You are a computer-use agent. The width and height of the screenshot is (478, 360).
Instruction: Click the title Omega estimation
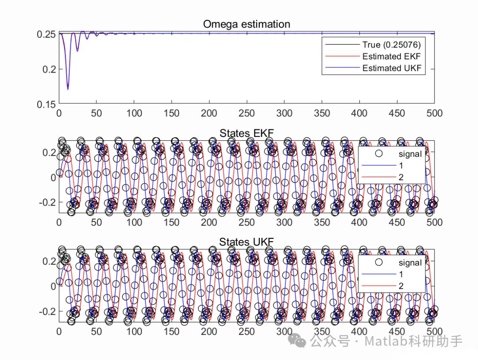click(x=247, y=24)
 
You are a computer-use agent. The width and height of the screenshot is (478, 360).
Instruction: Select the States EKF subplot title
click(x=247, y=133)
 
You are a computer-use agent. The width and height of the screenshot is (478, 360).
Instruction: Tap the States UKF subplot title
click(x=247, y=242)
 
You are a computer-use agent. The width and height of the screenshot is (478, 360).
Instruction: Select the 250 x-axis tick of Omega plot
click(x=247, y=113)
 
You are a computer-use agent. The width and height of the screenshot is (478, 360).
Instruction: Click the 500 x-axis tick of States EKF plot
click(x=434, y=222)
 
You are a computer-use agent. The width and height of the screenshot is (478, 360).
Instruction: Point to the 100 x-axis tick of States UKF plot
click(x=134, y=331)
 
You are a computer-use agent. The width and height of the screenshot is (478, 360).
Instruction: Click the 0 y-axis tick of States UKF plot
click(x=53, y=286)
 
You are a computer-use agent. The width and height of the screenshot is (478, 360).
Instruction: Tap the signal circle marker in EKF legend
click(x=378, y=154)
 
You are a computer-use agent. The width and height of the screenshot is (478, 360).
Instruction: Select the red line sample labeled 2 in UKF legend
click(x=378, y=286)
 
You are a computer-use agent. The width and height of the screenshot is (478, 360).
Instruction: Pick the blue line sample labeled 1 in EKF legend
click(x=378, y=166)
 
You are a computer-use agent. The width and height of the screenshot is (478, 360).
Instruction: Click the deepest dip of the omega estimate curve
click(x=68, y=89)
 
